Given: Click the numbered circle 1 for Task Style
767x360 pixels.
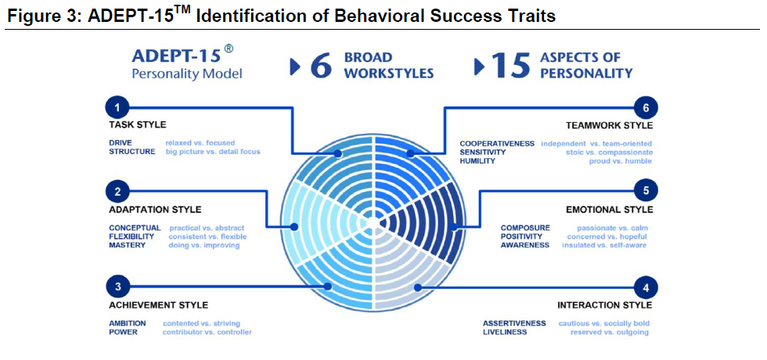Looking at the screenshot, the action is click(x=117, y=107).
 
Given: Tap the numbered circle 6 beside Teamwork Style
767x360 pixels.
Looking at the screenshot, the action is click(x=646, y=108).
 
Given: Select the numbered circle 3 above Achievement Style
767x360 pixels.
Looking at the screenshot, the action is click(x=117, y=287).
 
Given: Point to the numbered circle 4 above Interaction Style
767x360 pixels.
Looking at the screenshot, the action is click(x=646, y=288).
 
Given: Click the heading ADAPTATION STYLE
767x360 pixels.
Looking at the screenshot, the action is click(x=155, y=210).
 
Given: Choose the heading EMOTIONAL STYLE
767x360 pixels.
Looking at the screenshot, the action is click(x=609, y=210).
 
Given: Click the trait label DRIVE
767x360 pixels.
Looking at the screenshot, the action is click(x=121, y=142).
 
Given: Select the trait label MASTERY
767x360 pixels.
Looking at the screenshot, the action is click(x=127, y=245).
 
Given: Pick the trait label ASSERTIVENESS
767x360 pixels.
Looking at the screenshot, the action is click(x=514, y=323).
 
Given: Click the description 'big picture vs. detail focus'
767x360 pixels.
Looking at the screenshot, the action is click(x=213, y=152).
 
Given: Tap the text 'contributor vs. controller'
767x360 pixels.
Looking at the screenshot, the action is click(x=207, y=332).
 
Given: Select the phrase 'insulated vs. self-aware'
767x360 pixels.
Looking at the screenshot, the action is click(x=604, y=245).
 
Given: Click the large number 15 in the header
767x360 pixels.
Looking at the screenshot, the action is click(x=511, y=66).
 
